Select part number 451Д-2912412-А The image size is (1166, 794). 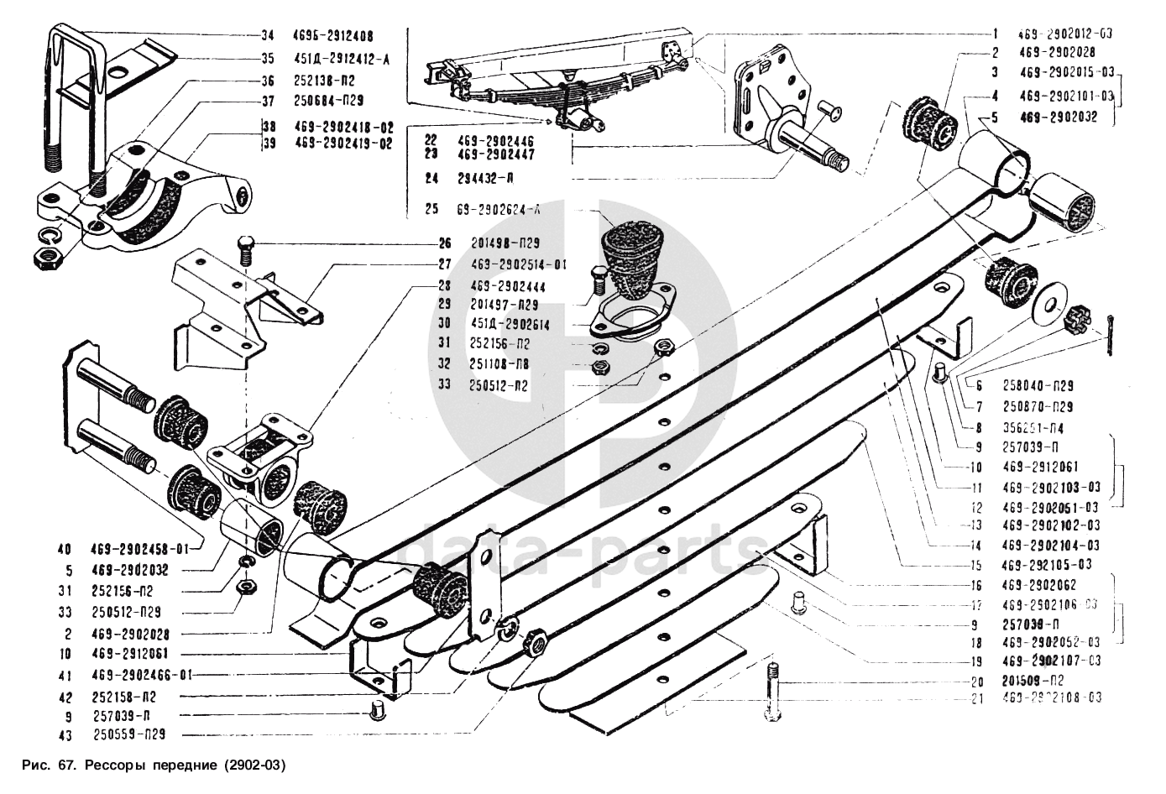(332, 59)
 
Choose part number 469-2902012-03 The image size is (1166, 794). (1064, 34)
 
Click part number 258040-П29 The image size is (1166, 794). (1038, 386)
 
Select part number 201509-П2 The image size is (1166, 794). (1033, 681)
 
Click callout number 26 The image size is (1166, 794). (444, 244)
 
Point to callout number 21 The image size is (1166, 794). (975, 698)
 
